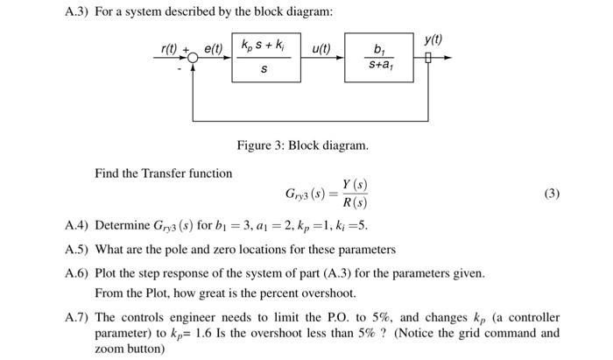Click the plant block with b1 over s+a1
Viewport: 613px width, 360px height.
(377, 57)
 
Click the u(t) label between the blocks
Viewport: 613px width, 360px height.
(321, 47)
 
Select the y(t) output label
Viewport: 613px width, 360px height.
(433, 39)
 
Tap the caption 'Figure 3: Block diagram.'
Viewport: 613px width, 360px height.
(302, 145)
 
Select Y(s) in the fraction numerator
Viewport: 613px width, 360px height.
(355, 185)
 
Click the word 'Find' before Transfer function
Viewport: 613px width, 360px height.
(107, 173)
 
